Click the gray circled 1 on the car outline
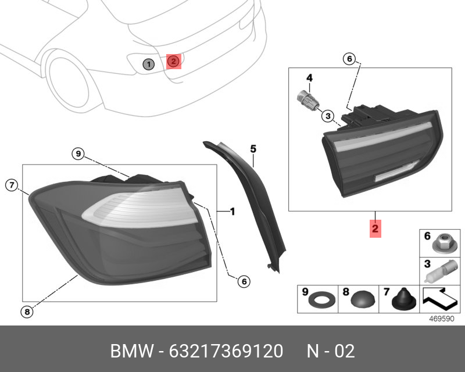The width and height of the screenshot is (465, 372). (149, 64)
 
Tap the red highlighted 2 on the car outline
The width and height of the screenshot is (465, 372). (173, 62)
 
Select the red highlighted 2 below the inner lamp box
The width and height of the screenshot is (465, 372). (375, 228)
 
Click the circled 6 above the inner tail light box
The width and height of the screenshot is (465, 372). (349, 59)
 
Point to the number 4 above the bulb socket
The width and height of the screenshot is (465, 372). (309, 78)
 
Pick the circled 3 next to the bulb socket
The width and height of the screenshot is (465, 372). (328, 116)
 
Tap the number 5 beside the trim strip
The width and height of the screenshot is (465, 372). (253, 149)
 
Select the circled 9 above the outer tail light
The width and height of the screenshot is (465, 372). (78, 153)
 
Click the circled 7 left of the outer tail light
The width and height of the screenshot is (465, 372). (12, 185)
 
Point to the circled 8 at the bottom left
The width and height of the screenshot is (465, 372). (27, 312)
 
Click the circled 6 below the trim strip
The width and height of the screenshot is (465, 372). (244, 281)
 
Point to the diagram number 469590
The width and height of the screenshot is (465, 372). (442, 319)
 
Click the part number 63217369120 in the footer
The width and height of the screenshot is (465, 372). (226, 351)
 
